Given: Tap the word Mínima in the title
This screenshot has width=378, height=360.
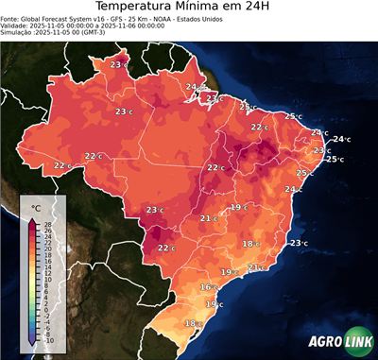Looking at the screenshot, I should [x=215, y=9].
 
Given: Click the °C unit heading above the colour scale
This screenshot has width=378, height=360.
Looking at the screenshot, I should [x=36, y=208].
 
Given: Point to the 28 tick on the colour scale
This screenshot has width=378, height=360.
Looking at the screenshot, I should [x=47, y=225].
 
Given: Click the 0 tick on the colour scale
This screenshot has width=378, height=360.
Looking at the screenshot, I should [x=47, y=309].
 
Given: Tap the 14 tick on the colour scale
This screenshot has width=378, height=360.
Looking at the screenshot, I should [x=47, y=267].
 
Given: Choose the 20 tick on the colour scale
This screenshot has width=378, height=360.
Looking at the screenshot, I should [x=47, y=249].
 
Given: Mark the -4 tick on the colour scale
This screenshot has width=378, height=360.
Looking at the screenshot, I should [x=47, y=321].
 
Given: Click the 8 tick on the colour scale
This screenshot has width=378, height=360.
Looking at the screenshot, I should [x=47, y=285].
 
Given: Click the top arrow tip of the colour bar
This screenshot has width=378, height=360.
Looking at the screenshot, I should [x=32, y=219].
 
